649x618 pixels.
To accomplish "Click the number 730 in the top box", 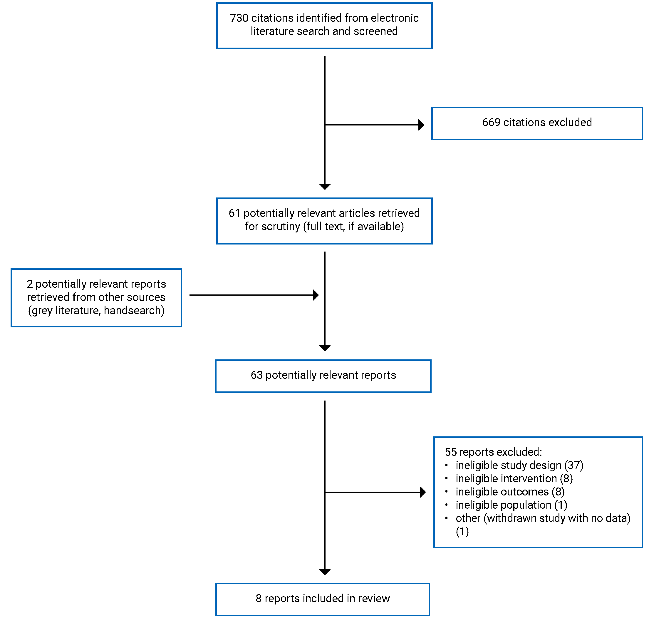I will coord(239,18).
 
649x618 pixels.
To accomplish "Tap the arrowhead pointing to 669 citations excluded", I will coord(421,125).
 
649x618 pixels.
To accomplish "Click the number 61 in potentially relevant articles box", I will coord(234,213).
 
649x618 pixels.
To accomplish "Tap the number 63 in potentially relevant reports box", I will coord(256,376).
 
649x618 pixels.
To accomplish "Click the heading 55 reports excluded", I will coord(493,452).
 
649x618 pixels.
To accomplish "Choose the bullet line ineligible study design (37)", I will coord(519,466).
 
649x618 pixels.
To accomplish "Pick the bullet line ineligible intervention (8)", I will coord(514,479).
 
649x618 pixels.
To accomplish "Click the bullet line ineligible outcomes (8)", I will coord(510,492).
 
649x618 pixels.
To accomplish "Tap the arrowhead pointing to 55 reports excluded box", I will coord(423,493).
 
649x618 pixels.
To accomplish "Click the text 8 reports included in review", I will coord(322,599).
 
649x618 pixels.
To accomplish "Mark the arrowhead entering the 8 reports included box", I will coord(325,572).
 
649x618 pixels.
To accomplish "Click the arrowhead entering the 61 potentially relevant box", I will coord(325,187).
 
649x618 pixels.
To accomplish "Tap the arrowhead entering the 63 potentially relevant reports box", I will coord(325,348).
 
